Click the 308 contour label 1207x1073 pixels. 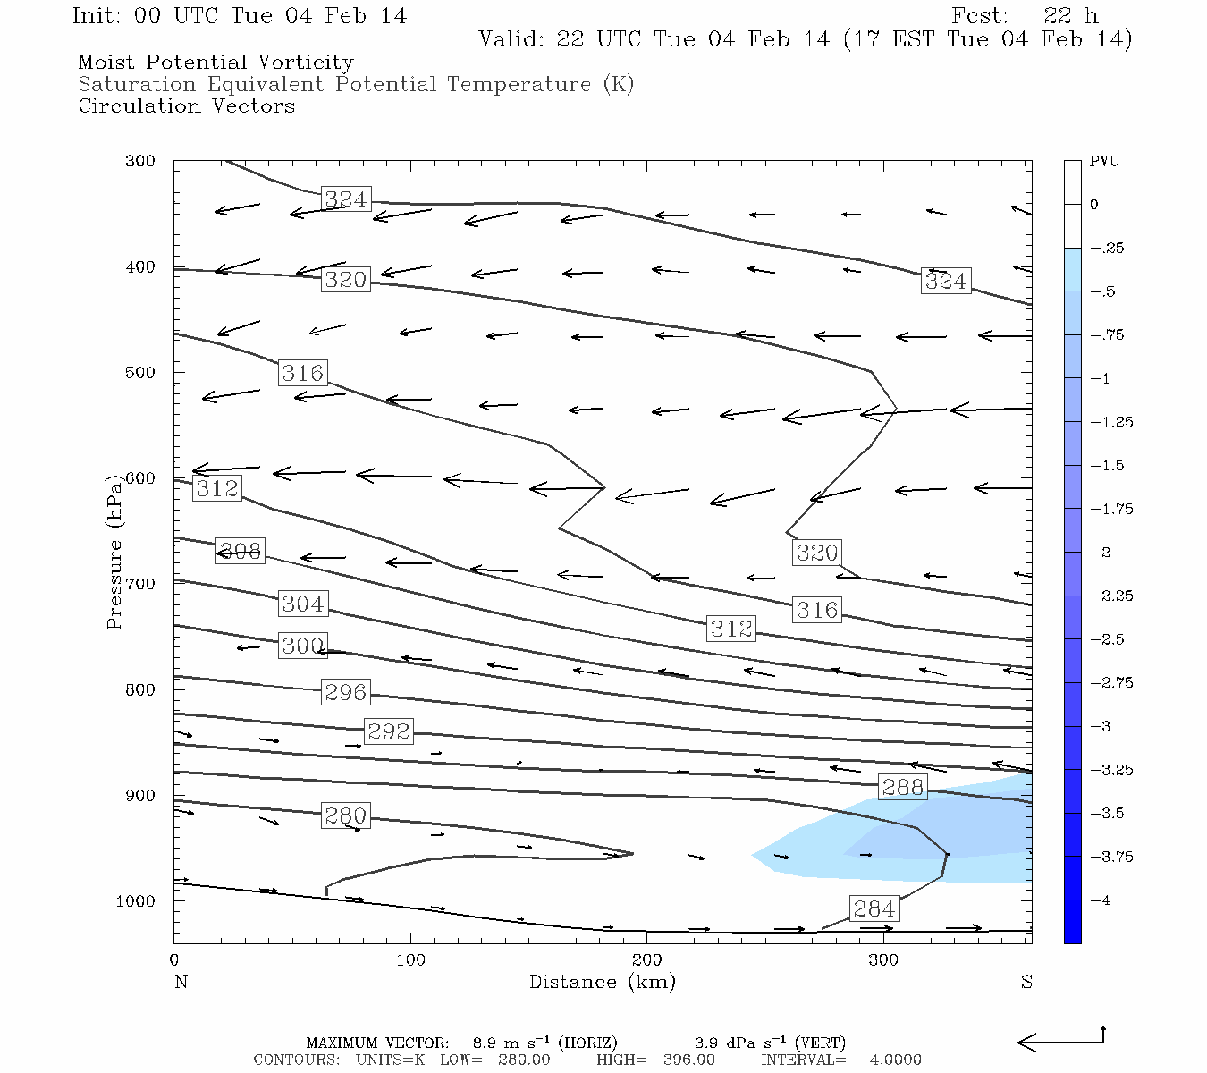pos(240,551)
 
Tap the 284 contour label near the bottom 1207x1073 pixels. pos(874,909)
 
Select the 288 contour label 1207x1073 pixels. pos(902,787)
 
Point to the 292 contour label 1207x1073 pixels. pos(388,731)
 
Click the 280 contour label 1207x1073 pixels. pos(345,815)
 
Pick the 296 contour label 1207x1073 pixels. pos(345,692)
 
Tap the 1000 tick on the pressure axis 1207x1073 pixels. pos(135,901)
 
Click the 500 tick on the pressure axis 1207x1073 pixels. pos(139,373)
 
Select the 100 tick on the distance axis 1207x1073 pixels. pos(410,960)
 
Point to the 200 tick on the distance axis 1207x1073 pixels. pos(647,960)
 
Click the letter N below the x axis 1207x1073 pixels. pos(181,982)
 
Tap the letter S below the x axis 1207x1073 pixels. pos(1026,982)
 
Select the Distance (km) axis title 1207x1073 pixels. pos(602,982)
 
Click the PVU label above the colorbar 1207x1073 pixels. pos(1104,162)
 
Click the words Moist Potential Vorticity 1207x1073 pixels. pos(215,63)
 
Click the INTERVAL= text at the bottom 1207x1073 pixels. pos(803,1060)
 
